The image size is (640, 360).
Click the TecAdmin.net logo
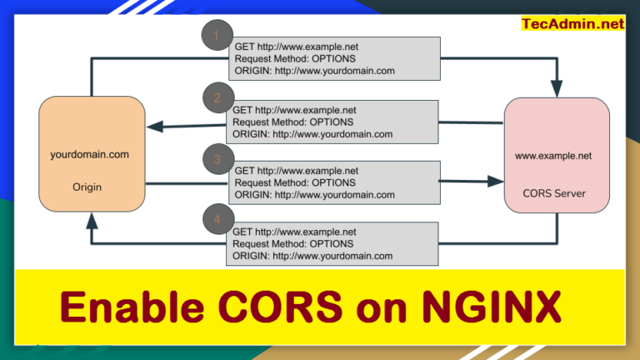click(572, 23)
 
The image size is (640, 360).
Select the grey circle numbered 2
click(217, 98)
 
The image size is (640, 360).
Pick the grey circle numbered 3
click(217, 159)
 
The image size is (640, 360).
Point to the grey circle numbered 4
click(217, 220)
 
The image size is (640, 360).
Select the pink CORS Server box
click(556, 154)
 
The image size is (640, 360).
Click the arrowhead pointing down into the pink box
click(556, 88)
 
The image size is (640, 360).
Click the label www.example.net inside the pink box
click(553, 155)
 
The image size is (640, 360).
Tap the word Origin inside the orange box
click(87, 187)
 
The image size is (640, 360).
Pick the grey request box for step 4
click(332, 243)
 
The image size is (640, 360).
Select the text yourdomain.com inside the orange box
click(90, 155)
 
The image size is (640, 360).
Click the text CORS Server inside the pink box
click(554, 193)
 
